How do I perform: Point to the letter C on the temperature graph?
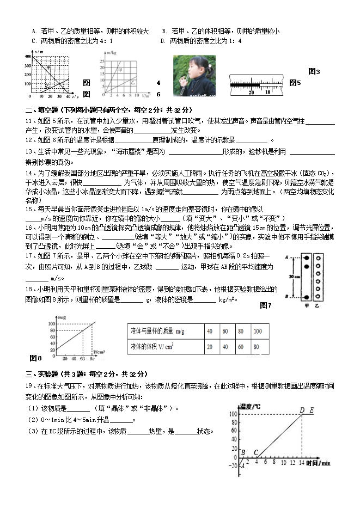[x=255, y=452]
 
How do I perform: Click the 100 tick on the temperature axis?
[x=234, y=414]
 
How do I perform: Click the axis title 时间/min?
[x=318, y=463]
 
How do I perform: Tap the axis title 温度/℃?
[x=250, y=406]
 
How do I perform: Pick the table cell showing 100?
[x=257, y=331]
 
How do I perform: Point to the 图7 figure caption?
[x=266, y=305]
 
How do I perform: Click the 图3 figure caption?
[x=314, y=71]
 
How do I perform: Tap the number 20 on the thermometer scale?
[x=252, y=92]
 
